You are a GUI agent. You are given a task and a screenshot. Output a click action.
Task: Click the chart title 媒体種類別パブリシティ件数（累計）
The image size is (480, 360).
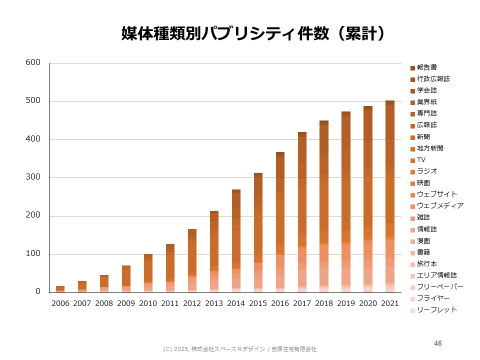(x=254, y=33)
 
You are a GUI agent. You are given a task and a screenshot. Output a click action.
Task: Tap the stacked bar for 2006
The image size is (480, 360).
(x=60, y=288)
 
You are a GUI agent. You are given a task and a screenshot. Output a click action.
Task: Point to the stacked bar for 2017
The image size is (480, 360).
(x=302, y=212)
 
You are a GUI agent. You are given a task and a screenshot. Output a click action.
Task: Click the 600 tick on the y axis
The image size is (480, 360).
(x=33, y=63)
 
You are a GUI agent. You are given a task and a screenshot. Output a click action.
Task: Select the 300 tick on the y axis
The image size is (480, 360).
(x=33, y=177)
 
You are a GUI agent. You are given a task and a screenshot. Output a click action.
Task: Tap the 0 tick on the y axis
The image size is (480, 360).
(x=37, y=292)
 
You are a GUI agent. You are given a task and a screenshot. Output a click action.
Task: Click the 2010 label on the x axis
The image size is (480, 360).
(x=148, y=303)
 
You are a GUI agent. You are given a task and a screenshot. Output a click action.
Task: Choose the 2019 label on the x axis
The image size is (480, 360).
(x=346, y=303)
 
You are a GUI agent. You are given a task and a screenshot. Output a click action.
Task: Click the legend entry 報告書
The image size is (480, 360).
(x=427, y=67)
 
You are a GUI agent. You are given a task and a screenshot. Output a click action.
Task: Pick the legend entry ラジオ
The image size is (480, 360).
(x=427, y=171)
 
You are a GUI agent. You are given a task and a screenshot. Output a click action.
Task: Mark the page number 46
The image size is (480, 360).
(x=438, y=343)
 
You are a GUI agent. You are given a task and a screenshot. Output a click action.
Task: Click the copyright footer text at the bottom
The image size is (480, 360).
(x=240, y=349)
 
